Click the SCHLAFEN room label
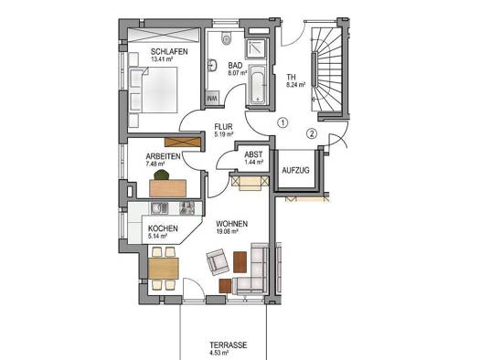(170, 53)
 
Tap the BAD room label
(235, 66)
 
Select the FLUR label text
(224, 128)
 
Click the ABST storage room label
(253, 155)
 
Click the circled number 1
(283, 123)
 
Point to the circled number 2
(312, 133)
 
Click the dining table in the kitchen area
(165, 269)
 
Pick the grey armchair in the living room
(218, 263)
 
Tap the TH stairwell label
(292, 77)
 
